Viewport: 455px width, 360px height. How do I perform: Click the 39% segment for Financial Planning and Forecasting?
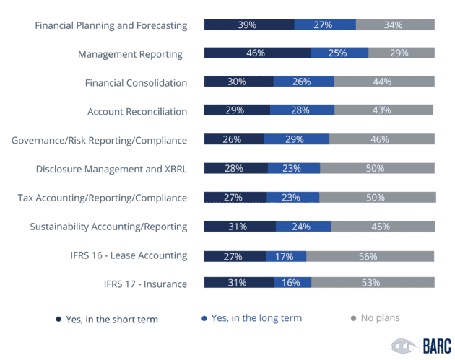coord(248,25)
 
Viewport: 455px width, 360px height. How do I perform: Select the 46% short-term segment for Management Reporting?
coord(257,53)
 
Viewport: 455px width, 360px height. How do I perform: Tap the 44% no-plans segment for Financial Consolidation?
coord(384,82)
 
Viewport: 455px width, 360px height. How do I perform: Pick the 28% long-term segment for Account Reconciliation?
coord(302,110)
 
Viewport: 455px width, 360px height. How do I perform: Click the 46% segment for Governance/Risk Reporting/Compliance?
coord(382,139)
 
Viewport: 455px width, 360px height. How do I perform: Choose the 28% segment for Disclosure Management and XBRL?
coord(235,168)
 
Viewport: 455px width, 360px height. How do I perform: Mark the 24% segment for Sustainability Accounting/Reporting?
coord(303,227)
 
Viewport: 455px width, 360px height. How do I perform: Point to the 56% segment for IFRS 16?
coord(370,255)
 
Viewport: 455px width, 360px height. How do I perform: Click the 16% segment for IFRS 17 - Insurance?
coord(292,282)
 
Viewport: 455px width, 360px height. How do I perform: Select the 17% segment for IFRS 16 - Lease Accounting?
coord(286,255)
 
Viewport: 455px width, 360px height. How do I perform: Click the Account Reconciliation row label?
coord(137,112)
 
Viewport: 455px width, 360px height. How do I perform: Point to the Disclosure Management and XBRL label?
coord(111,169)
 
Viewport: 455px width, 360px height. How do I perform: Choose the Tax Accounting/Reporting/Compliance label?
coord(102,198)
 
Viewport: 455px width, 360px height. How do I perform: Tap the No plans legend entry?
coord(376,318)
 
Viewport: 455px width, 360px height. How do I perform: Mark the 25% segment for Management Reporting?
coord(339,53)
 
